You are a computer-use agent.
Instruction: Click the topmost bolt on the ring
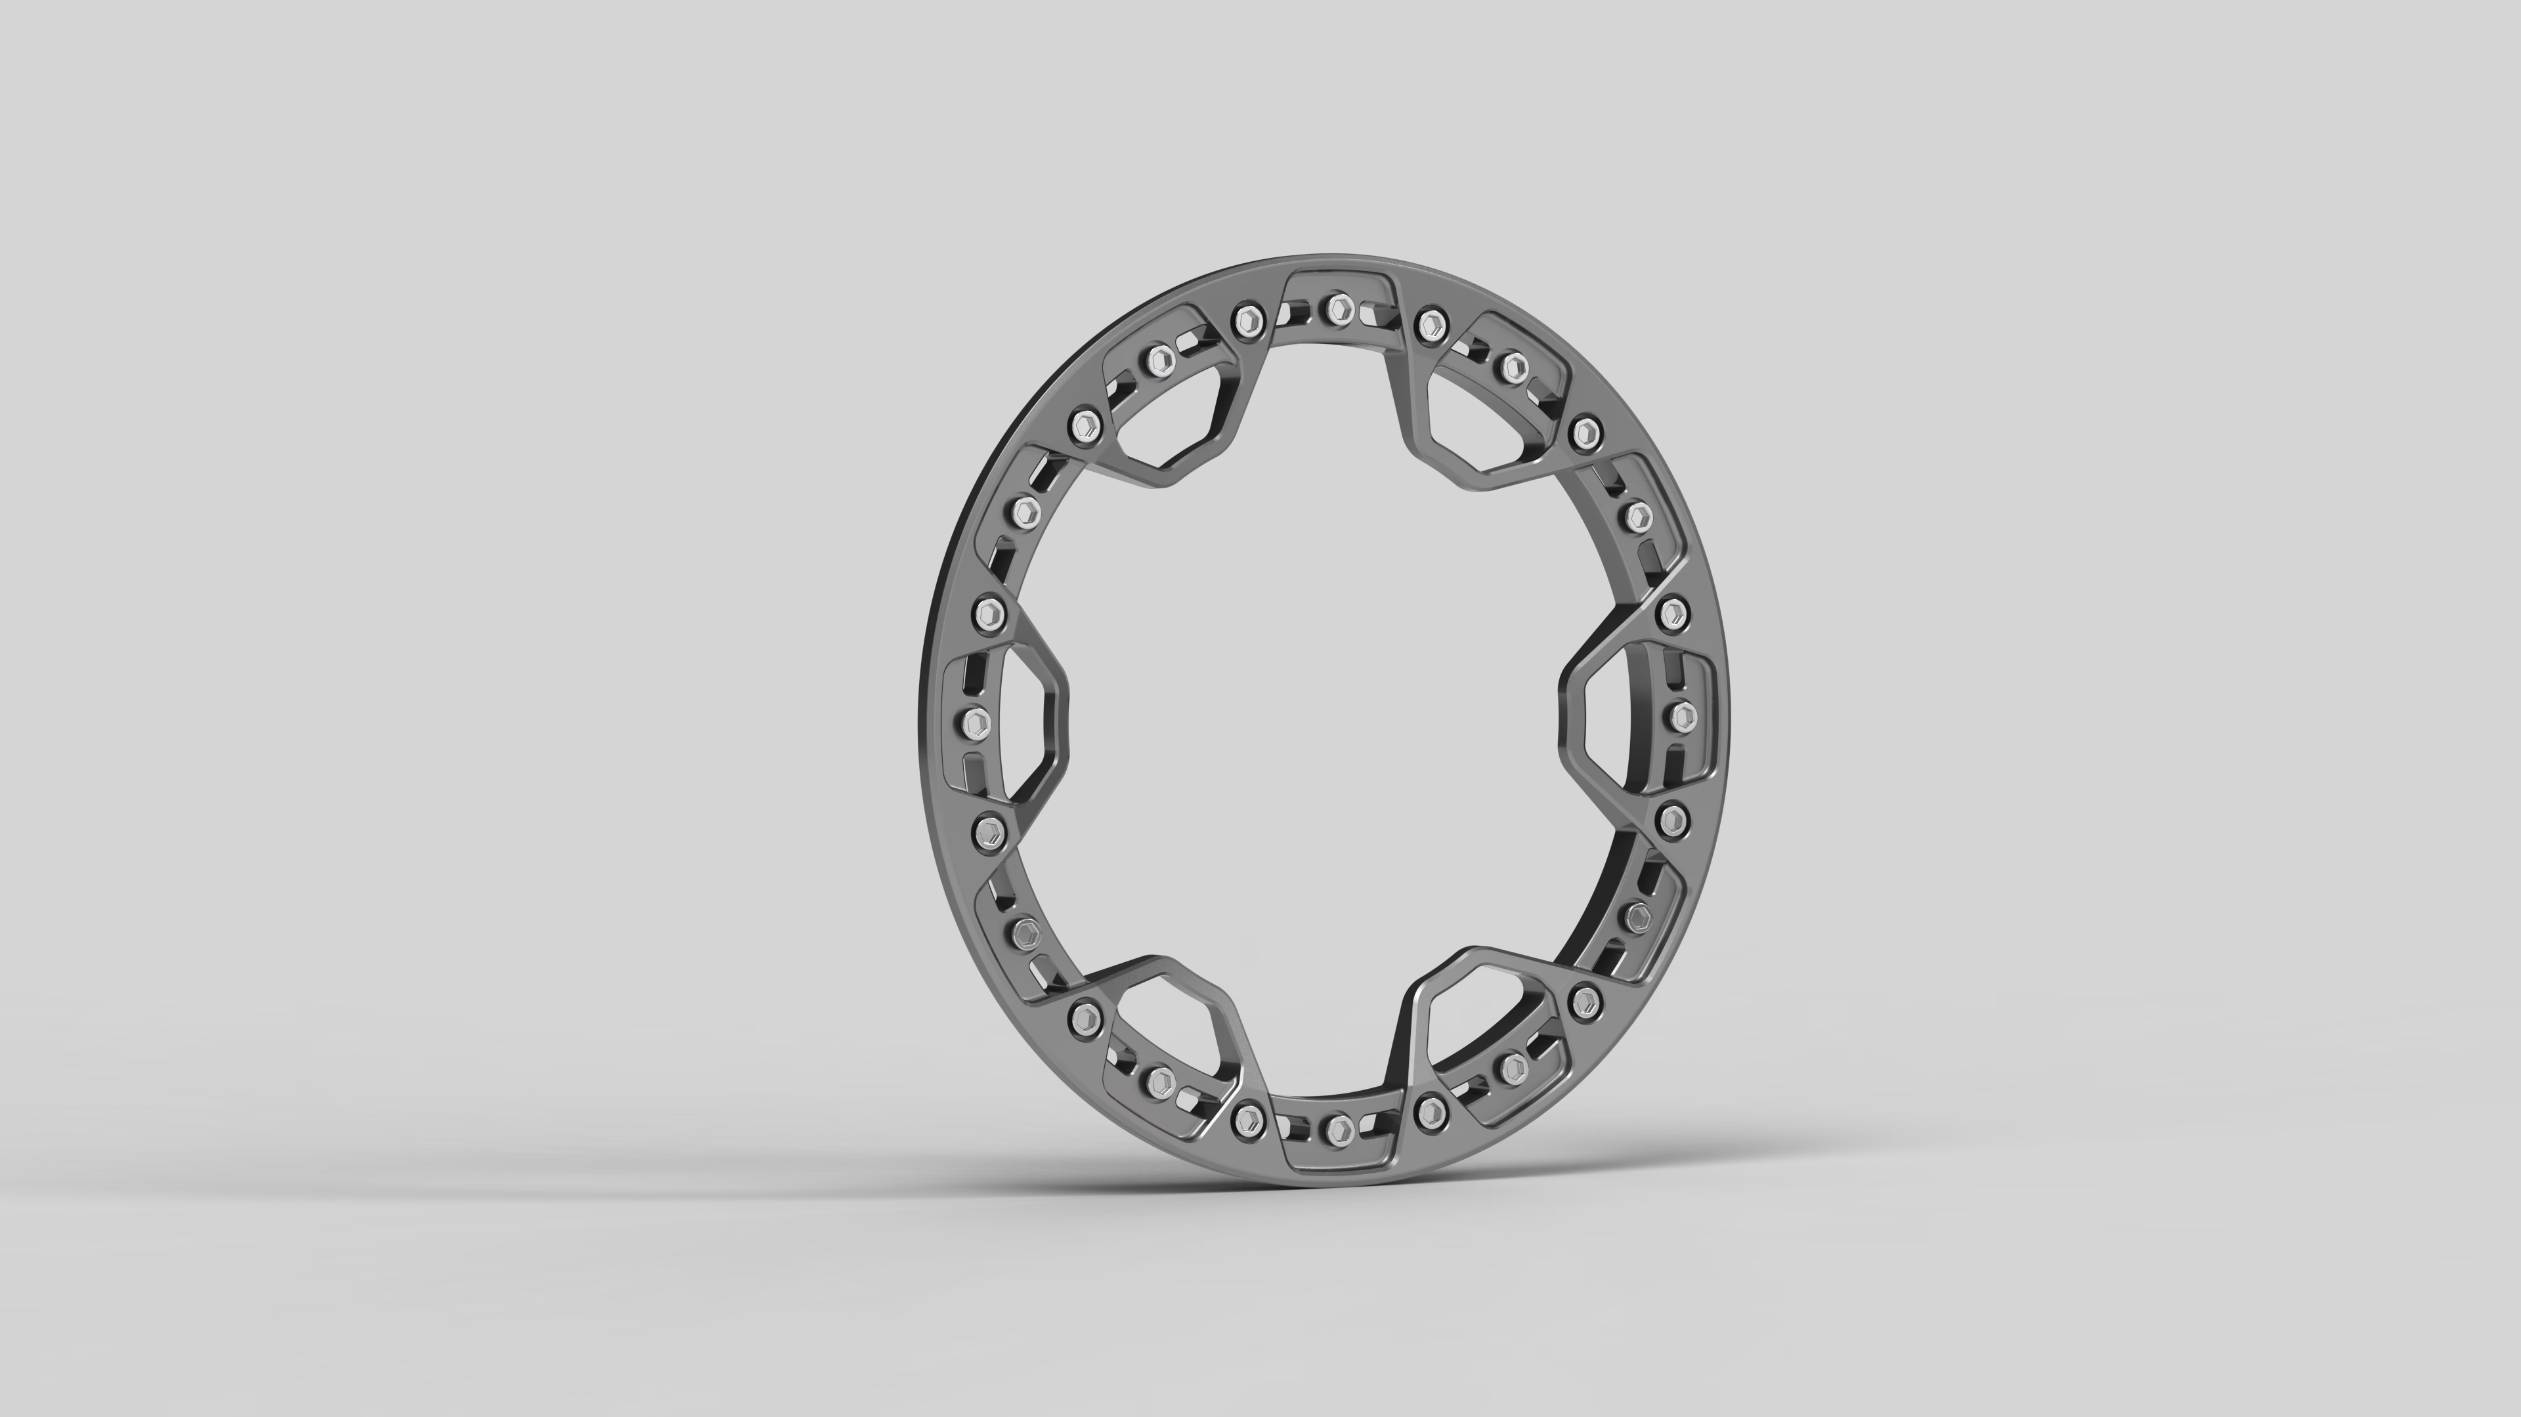coord(1337,311)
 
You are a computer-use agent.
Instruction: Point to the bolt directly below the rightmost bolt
coord(1673,819)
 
